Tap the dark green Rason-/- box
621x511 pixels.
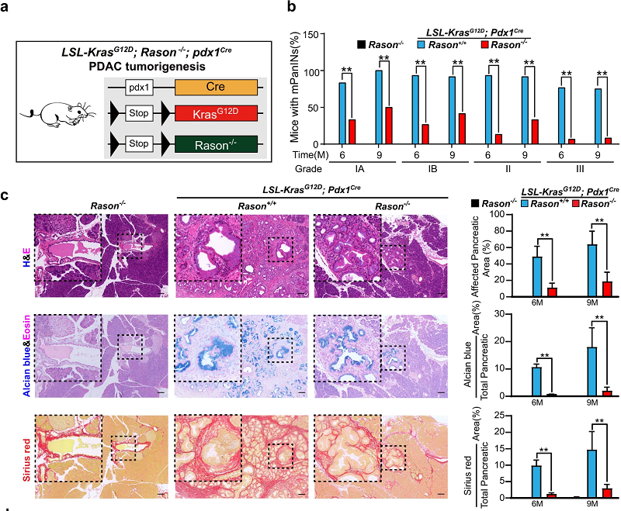click(219, 145)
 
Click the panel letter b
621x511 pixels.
click(292, 9)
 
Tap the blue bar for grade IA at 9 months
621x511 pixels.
click(378, 107)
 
